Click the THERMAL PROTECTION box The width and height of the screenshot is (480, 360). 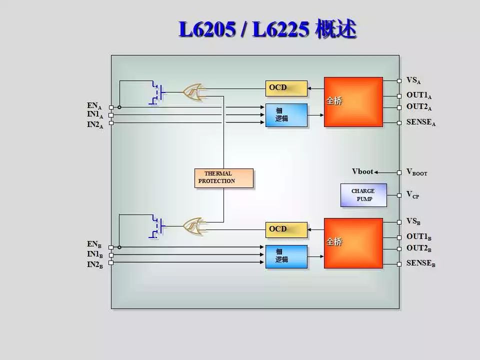click(224, 178)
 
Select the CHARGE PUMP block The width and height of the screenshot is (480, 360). click(363, 195)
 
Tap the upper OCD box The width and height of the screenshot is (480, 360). click(286, 88)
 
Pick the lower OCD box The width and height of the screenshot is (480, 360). click(286, 230)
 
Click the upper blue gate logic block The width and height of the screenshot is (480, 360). click(286, 115)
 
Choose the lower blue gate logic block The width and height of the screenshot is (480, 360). click(286, 256)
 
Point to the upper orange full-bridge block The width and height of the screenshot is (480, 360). click(353, 102)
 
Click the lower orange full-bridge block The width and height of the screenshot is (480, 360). click(353, 243)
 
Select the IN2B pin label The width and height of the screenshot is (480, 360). click(95, 264)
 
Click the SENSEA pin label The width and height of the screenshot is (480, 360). click(421, 122)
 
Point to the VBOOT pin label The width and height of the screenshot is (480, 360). click(416, 172)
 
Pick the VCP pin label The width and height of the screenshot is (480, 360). click(412, 194)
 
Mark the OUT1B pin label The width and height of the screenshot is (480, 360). click(419, 237)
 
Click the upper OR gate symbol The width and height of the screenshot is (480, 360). click(194, 92)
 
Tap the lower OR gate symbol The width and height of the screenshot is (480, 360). click(194, 226)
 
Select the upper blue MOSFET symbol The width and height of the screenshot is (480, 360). click(157, 93)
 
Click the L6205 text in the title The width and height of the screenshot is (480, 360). click(207, 29)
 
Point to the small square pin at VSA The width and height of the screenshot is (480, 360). click(399, 81)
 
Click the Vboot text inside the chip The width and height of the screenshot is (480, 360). click(362, 171)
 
